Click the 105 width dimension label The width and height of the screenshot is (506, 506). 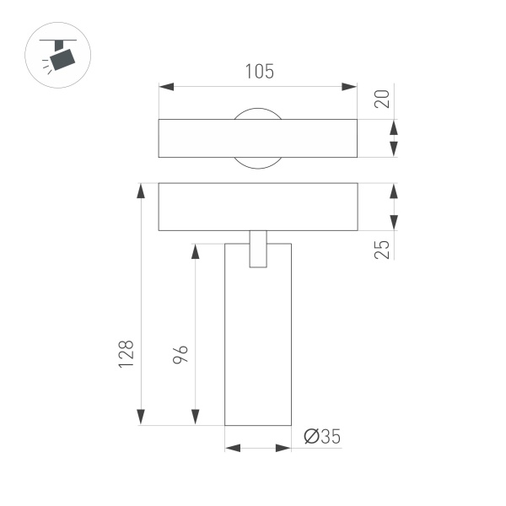tap(259, 72)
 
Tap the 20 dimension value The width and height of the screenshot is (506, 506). tap(382, 99)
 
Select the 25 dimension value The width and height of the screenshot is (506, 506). tap(382, 249)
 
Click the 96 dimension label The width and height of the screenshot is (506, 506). tap(180, 354)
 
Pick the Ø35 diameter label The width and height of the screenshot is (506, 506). tap(321, 436)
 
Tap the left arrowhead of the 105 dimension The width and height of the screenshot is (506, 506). tap(166, 87)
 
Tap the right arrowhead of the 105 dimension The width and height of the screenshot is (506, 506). tap(350, 87)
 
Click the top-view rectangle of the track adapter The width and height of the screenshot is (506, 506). tap(258, 138)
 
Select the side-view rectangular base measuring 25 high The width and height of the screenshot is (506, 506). tap(258, 207)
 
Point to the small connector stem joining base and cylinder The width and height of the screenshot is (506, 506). tap(258, 249)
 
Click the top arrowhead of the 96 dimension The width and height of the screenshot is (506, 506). tap(196, 251)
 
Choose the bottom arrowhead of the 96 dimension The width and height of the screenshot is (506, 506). tap(196, 417)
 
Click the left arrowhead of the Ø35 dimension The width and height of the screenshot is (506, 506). tap(233, 449)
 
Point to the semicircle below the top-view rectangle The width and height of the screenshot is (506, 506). tap(258, 163)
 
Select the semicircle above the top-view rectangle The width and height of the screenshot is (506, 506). tap(258, 113)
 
